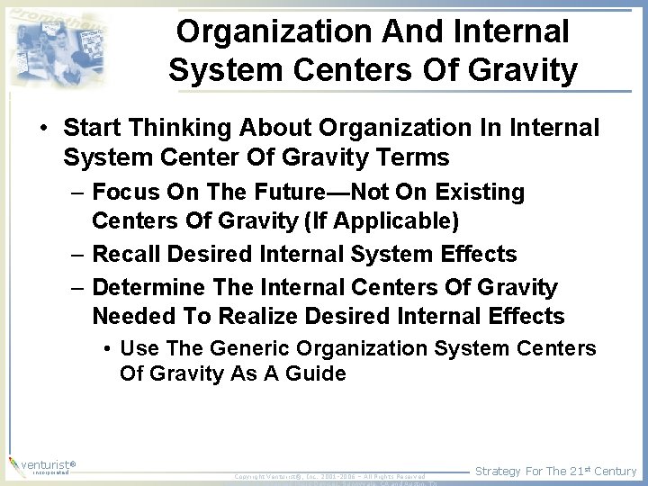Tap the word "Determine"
click(148, 288)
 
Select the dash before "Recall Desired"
click(77, 255)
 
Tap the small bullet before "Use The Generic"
click(107, 349)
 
